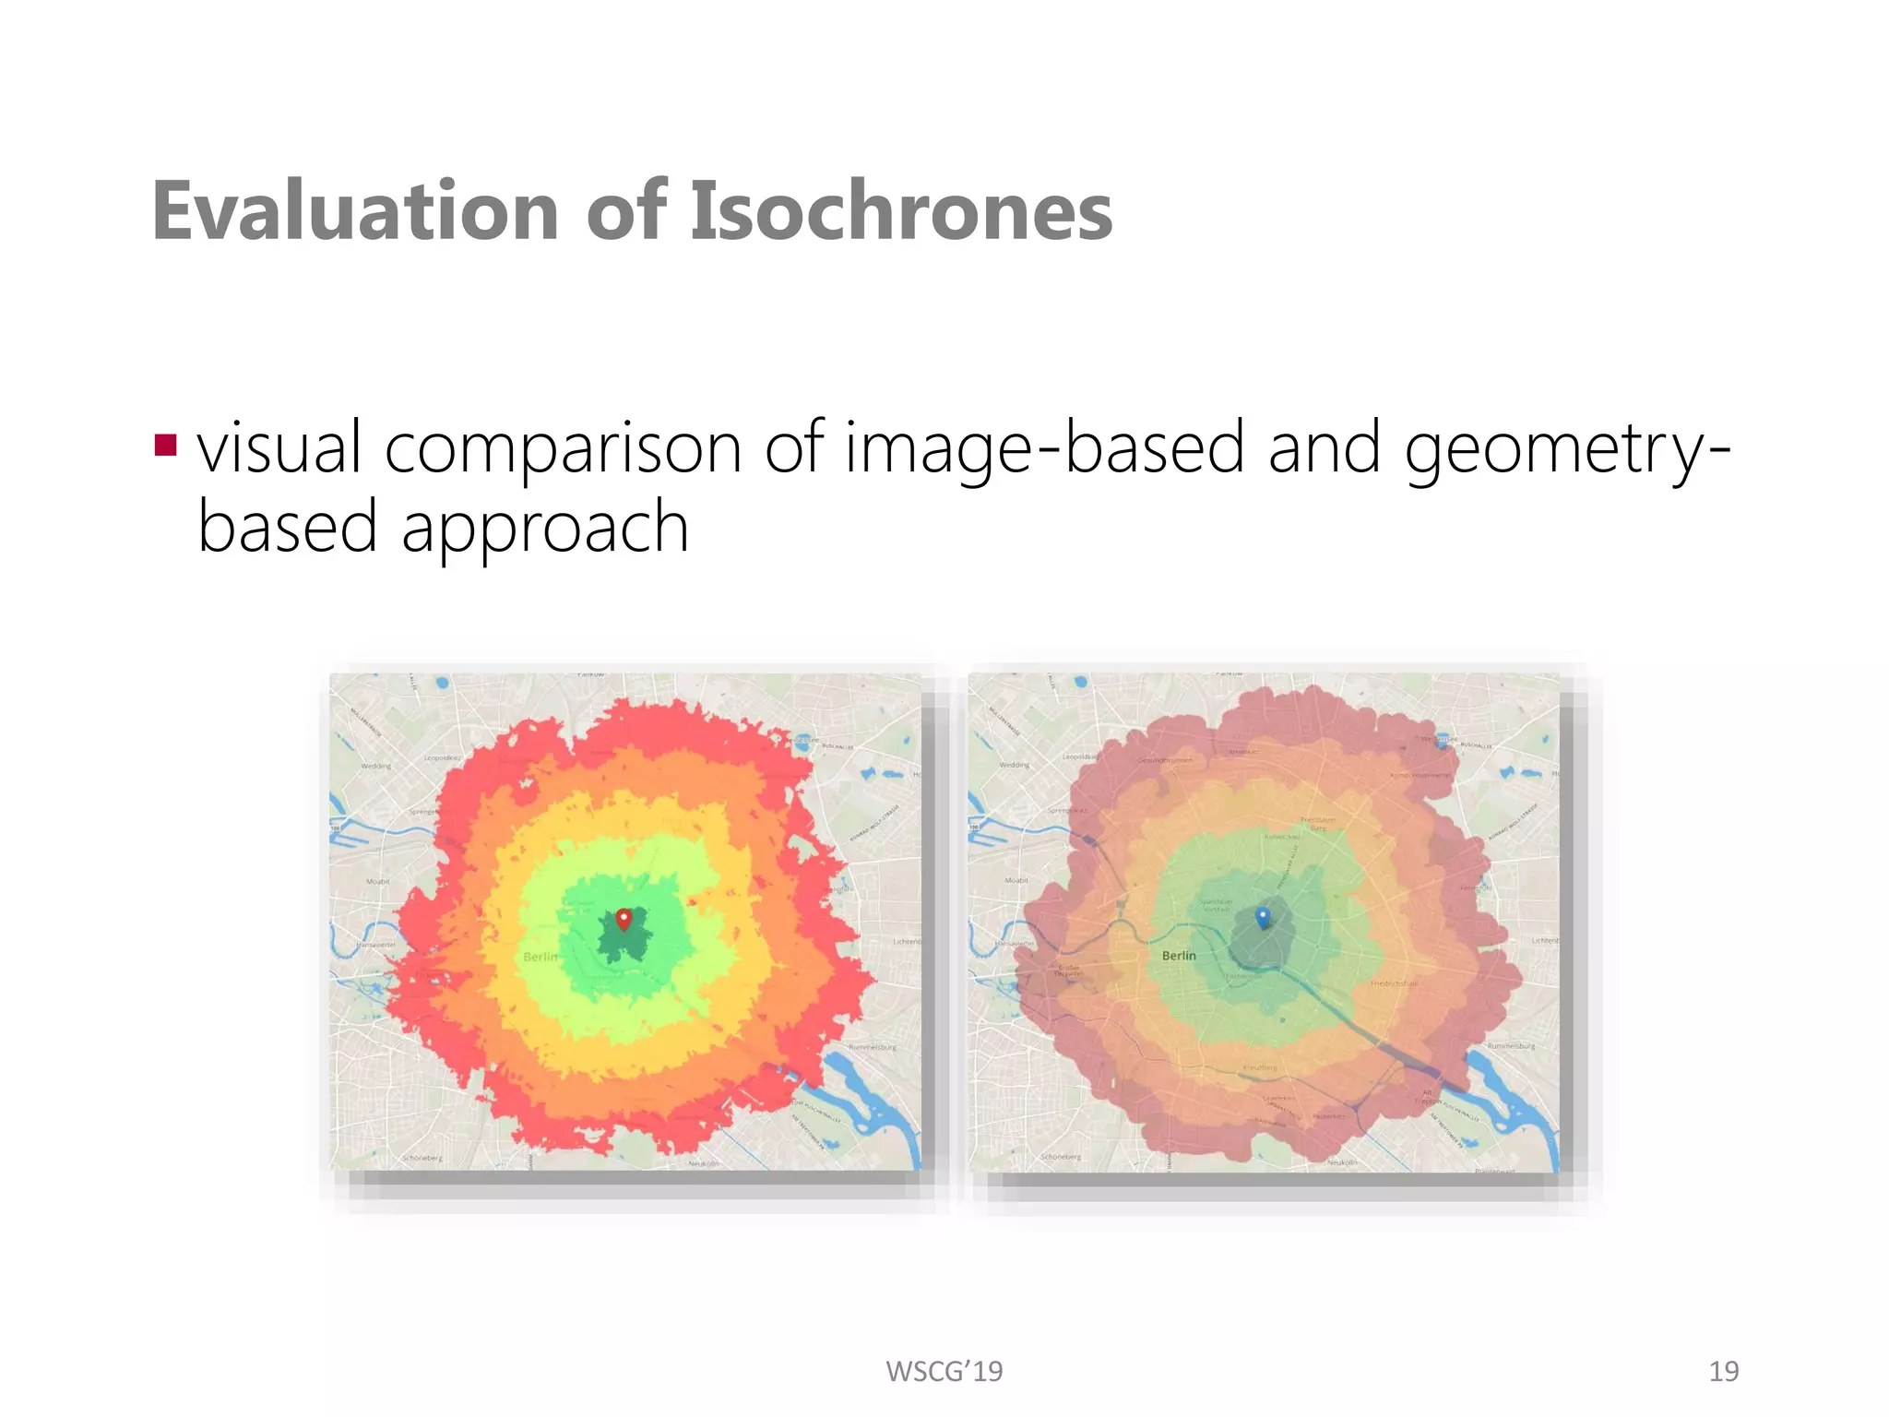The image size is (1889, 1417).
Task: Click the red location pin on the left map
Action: pos(624,919)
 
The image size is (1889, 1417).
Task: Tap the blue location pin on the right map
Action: pos(1264,917)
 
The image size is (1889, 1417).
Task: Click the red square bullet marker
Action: pos(166,447)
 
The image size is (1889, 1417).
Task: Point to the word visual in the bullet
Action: pos(279,448)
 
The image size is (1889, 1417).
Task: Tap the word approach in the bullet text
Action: pos(545,528)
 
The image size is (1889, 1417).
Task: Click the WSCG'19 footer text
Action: pos(944,1372)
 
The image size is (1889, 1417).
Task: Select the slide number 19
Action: pos(1723,1372)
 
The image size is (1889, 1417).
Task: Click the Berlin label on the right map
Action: pos(1179,956)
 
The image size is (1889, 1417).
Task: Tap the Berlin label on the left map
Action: pos(541,957)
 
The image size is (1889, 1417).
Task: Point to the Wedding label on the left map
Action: pos(376,766)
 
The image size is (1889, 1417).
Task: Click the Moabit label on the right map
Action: pos(1016,881)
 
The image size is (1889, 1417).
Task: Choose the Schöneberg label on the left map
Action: pos(422,1157)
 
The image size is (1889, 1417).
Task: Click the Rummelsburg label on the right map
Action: pos(1511,1046)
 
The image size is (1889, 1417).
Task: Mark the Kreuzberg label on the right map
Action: pos(1259,1067)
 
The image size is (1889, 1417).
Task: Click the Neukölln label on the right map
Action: pos(1342,1162)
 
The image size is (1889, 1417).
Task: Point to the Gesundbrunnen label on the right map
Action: pos(1165,760)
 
